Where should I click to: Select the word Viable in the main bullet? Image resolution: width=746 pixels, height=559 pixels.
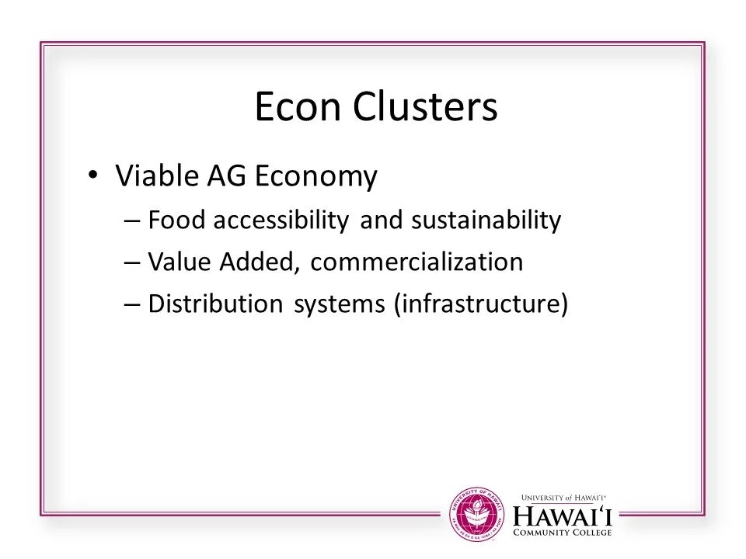(154, 177)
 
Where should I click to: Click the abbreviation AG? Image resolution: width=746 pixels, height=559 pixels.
(220, 177)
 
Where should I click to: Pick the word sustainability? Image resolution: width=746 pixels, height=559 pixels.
(486, 221)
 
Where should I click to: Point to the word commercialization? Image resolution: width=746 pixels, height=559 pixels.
(417, 262)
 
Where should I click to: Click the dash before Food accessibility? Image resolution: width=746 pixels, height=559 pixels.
(131, 222)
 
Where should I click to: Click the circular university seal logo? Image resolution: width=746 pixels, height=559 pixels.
(477, 512)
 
